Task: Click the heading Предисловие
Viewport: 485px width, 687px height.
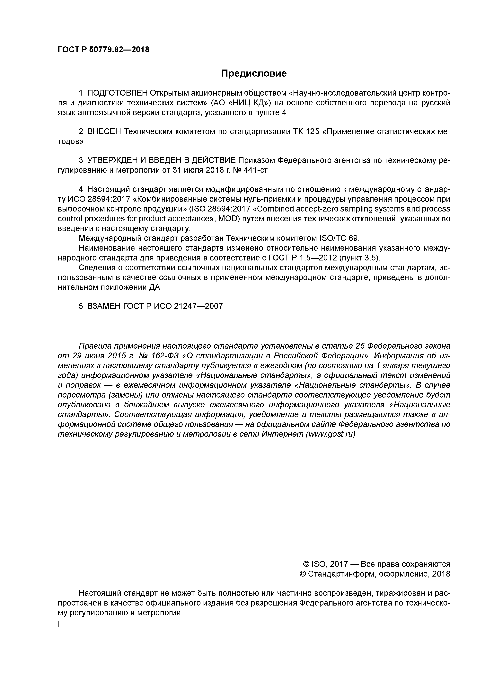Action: (254, 73)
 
